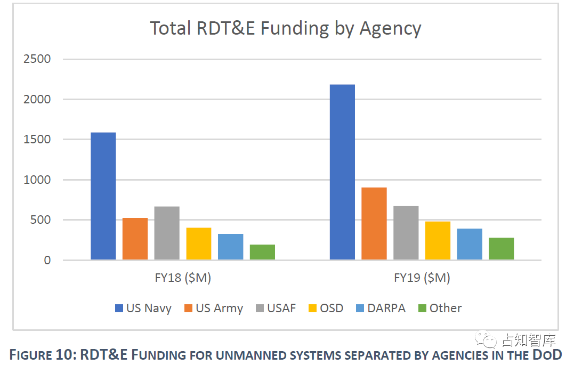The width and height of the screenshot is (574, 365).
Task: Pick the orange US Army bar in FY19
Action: pos(374,224)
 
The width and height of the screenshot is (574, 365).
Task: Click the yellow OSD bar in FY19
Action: pos(438,240)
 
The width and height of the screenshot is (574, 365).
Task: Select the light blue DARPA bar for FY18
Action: pos(230,247)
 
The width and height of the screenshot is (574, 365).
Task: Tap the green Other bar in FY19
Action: pos(501,249)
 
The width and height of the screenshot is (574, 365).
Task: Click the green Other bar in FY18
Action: pos(262,252)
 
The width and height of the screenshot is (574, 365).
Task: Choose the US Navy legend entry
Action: pos(143,308)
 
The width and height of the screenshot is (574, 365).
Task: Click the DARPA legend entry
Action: pos(380,308)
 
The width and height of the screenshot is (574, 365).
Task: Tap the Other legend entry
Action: pos(439,308)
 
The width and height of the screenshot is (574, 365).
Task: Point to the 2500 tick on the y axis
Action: pos(37,59)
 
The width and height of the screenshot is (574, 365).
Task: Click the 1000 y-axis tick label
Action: pos(37,180)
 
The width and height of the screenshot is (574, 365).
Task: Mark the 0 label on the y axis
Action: pos(47,261)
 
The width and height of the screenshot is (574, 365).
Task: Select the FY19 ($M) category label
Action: pos(422,278)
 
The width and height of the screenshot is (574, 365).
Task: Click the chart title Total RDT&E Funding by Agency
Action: pos(286,28)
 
